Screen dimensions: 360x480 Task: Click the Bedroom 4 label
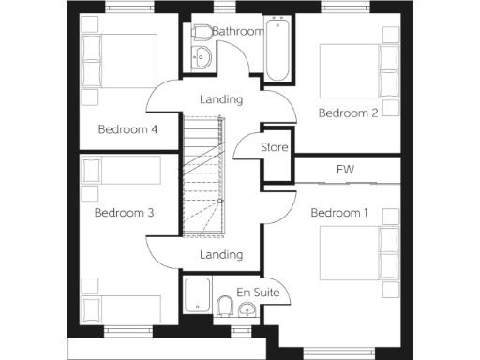pyautogui.click(x=127, y=129)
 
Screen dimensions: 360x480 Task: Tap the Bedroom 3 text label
pyautogui.click(x=124, y=213)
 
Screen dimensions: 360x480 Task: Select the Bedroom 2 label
pyautogui.click(x=348, y=113)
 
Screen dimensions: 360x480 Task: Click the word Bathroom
pyautogui.click(x=238, y=31)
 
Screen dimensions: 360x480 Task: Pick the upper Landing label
pyautogui.click(x=222, y=99)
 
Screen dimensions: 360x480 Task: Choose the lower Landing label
pyautogui.click(x=221, y=254)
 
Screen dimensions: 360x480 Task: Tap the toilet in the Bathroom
pyautogui.click(x=200, y=33)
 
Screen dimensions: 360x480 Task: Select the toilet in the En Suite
pyautogui.click(x=225, y=307)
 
